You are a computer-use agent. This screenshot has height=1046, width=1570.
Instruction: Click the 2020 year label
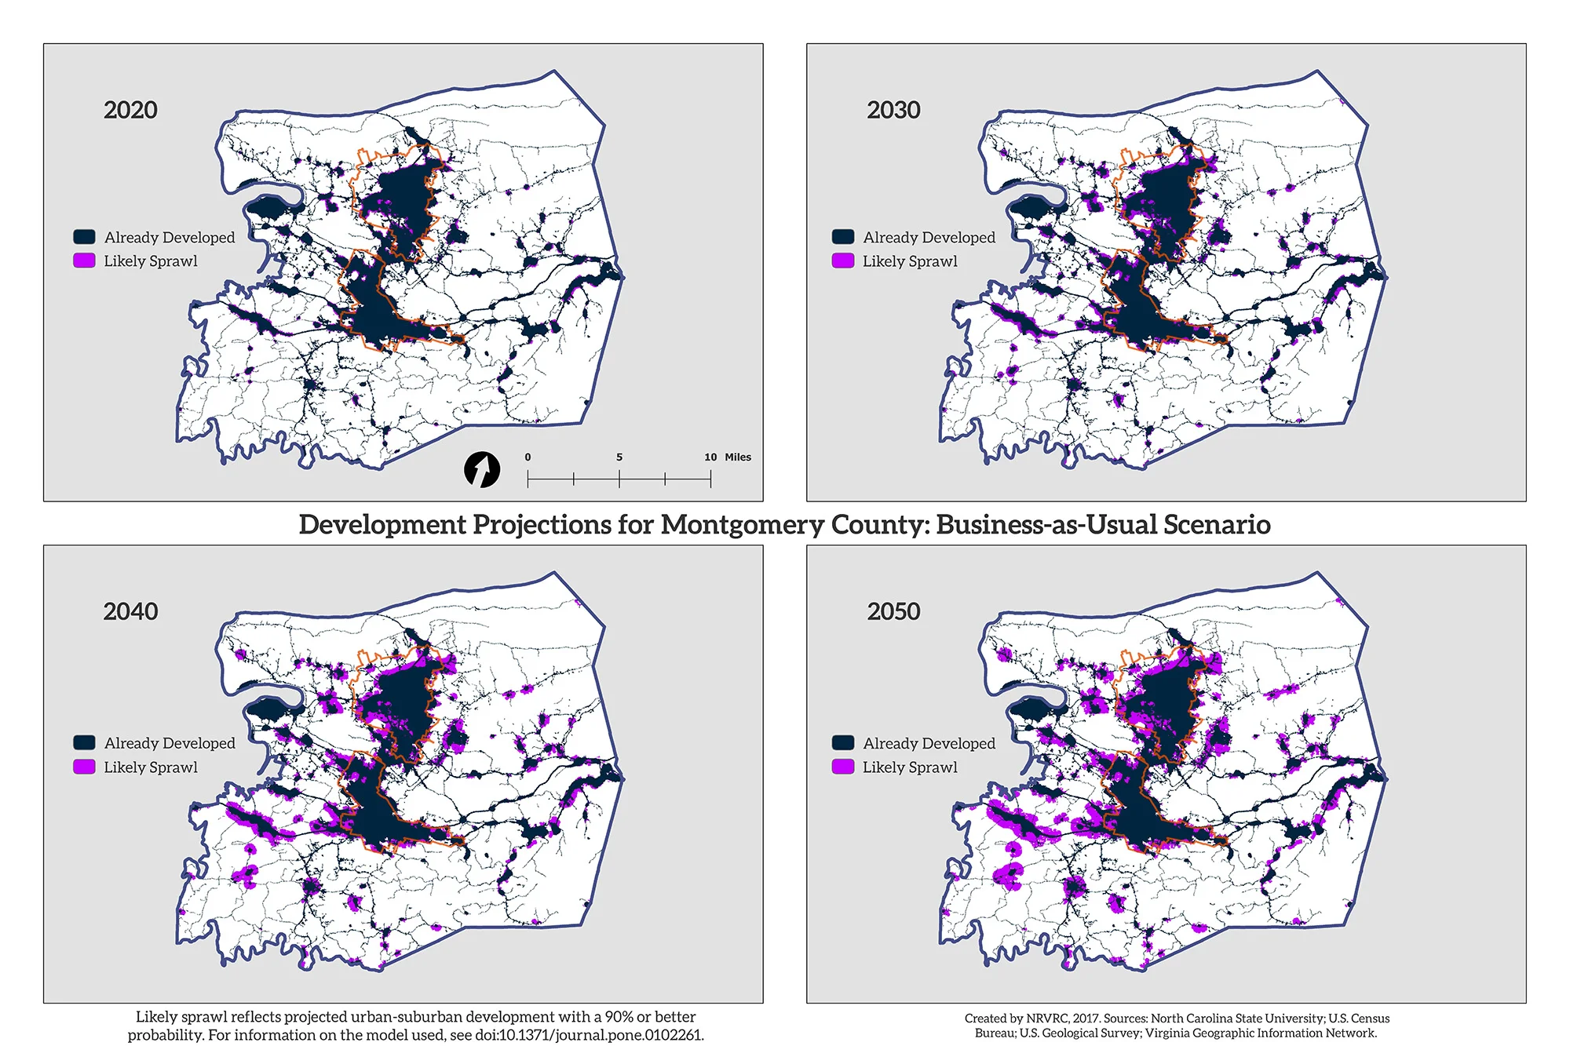pyautogui.click(x=130, y=110)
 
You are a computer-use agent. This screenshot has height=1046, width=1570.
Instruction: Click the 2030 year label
pyautogui.click(x=893, y=110)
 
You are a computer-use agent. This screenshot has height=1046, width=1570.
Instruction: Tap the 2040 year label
pyautogui.click(x=130, y=611)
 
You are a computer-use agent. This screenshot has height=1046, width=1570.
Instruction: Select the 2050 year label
pyautogui.click(x=893, y=611)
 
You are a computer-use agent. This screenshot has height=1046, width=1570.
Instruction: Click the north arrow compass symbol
pyautogui.click(x=482, y=470)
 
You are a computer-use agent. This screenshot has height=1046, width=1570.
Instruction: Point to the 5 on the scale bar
pyautogui.click(x=619, y=457)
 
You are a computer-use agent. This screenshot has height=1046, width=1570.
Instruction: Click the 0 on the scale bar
pyautogui.click(x=528, y=457)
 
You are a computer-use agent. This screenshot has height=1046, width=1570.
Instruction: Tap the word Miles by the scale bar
pyautogui.click(x=738, y=457)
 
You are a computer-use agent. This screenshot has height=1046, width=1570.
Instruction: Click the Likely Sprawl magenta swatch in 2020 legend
pyautogui.click(x=84, y=261)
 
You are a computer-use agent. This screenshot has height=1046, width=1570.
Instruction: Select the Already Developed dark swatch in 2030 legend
pyautogui.click(x=843, y=237)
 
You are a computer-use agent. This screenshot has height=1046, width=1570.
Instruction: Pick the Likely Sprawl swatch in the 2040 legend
pyautogui.click(x=84, y=767)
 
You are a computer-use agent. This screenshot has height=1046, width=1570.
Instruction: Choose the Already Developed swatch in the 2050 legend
pyautogui.click(x=843, y=742)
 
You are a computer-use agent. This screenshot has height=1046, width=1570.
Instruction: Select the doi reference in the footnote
pyautogui.click(x=589, y=1035)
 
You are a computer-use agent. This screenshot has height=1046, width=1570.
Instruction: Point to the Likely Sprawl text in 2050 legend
pyautogui.click(x=910, y=767)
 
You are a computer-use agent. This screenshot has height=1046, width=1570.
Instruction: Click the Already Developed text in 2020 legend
pyautogui.click(x=170, y=237)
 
